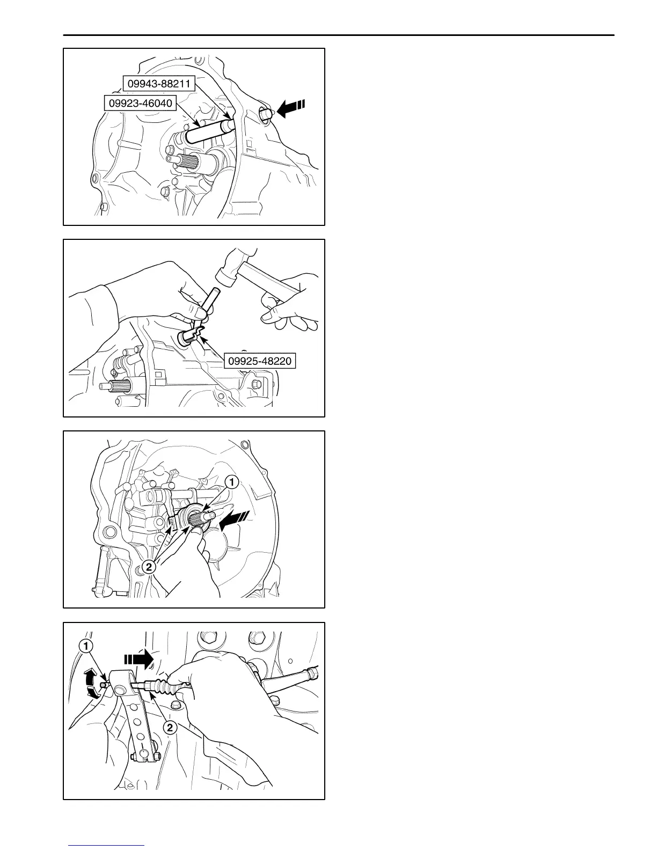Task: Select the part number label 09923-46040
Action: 140,102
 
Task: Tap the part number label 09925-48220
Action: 260,361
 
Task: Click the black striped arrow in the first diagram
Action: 290,108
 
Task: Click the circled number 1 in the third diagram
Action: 231,482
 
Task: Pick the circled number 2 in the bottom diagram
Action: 169,728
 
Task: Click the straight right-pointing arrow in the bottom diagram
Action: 139,659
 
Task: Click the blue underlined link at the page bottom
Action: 107,846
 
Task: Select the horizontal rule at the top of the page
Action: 338,35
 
